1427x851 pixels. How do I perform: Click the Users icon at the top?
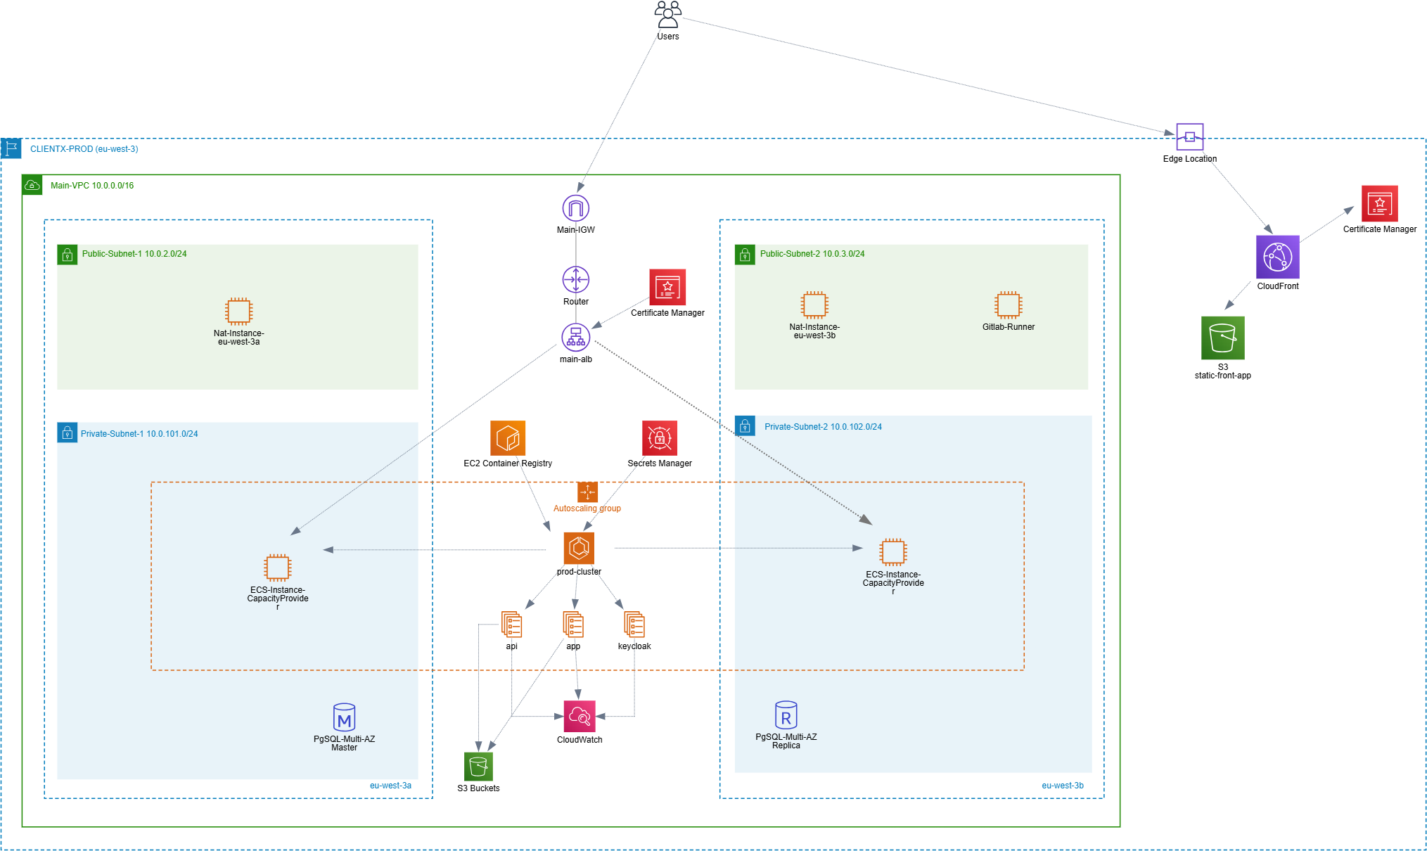pos(667,15)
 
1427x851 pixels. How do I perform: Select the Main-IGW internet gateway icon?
pos(575,208)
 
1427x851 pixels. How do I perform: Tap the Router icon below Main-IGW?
pos(575,280)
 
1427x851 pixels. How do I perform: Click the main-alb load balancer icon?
pos(575,338)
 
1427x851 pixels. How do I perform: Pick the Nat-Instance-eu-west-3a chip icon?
pos(238,311)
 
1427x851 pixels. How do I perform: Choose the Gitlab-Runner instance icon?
pos(1008,305)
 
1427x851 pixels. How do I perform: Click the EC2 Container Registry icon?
pos(508,438)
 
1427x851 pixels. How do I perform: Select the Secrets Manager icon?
pos(659,438)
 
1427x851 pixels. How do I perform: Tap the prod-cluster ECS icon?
pos(579,549)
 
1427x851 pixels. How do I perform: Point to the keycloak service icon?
pos(634,625)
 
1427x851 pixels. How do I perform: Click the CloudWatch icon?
pos(580,717)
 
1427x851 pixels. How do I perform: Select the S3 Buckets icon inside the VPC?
pos(478,766)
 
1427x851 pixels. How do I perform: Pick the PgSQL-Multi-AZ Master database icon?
pos(344,717)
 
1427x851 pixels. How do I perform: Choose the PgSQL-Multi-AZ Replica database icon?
pos(786,715)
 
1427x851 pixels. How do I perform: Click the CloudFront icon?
pos(1277,257)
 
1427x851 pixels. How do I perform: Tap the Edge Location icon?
pos(1189,136)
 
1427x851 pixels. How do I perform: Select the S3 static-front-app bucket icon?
pos(1222,338)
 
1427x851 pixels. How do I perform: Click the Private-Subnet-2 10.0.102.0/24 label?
pos(823,427)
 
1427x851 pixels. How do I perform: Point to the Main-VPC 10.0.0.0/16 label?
pos(92,186)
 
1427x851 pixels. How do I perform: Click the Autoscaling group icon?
pos(587,492)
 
